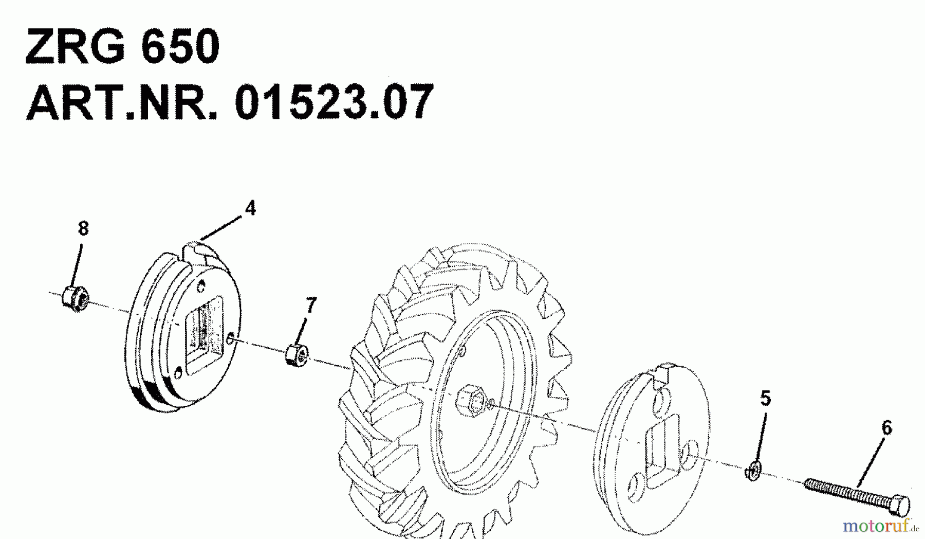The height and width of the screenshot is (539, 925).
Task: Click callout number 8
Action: [x=83, y=228]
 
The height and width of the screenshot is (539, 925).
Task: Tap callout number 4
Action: [x=250, y=208]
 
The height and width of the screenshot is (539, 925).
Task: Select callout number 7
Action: [x=310, y=306]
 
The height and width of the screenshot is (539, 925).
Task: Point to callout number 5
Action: [x=765, y=398]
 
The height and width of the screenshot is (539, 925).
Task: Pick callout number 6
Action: [x=886, y=428]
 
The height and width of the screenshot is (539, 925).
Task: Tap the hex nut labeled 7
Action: [x=297, y=355]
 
